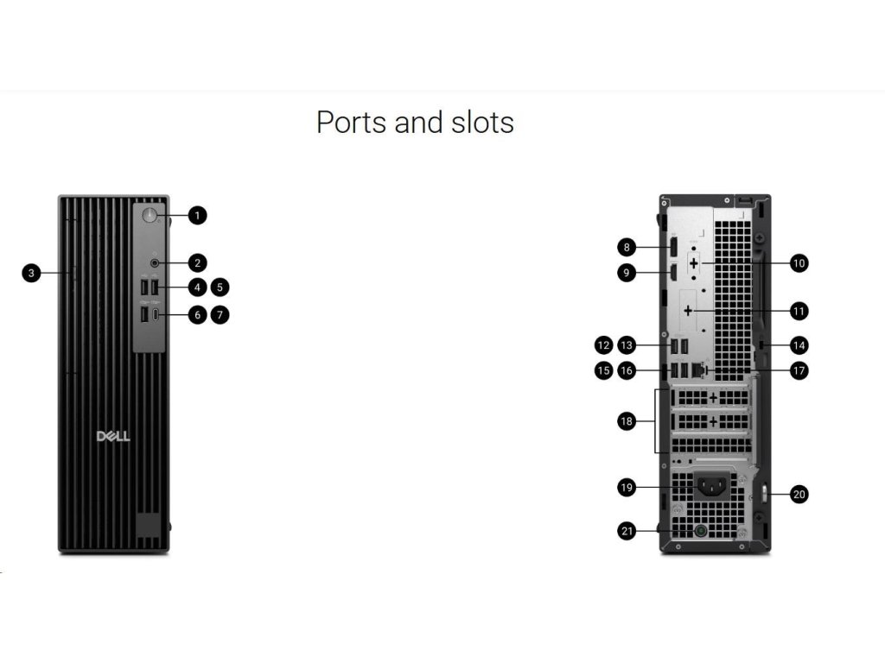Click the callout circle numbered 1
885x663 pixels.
point(198,215)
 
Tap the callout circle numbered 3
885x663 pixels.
point(31,273)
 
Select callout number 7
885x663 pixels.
point(220,315)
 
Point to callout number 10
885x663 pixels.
point(799,262)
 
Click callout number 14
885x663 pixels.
point(799,345)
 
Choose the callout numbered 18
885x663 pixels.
point(627,421)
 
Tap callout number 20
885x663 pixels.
point(799,495)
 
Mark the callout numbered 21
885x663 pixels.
point(627,531)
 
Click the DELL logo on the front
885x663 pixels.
point(113,436)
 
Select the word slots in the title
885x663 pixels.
point(481,122)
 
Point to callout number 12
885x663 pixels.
point(603,345)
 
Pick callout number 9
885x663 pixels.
point(627,273)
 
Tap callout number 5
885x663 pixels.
point(220,286)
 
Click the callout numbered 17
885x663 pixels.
point(799,370)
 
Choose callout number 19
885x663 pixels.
point(627,488)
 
